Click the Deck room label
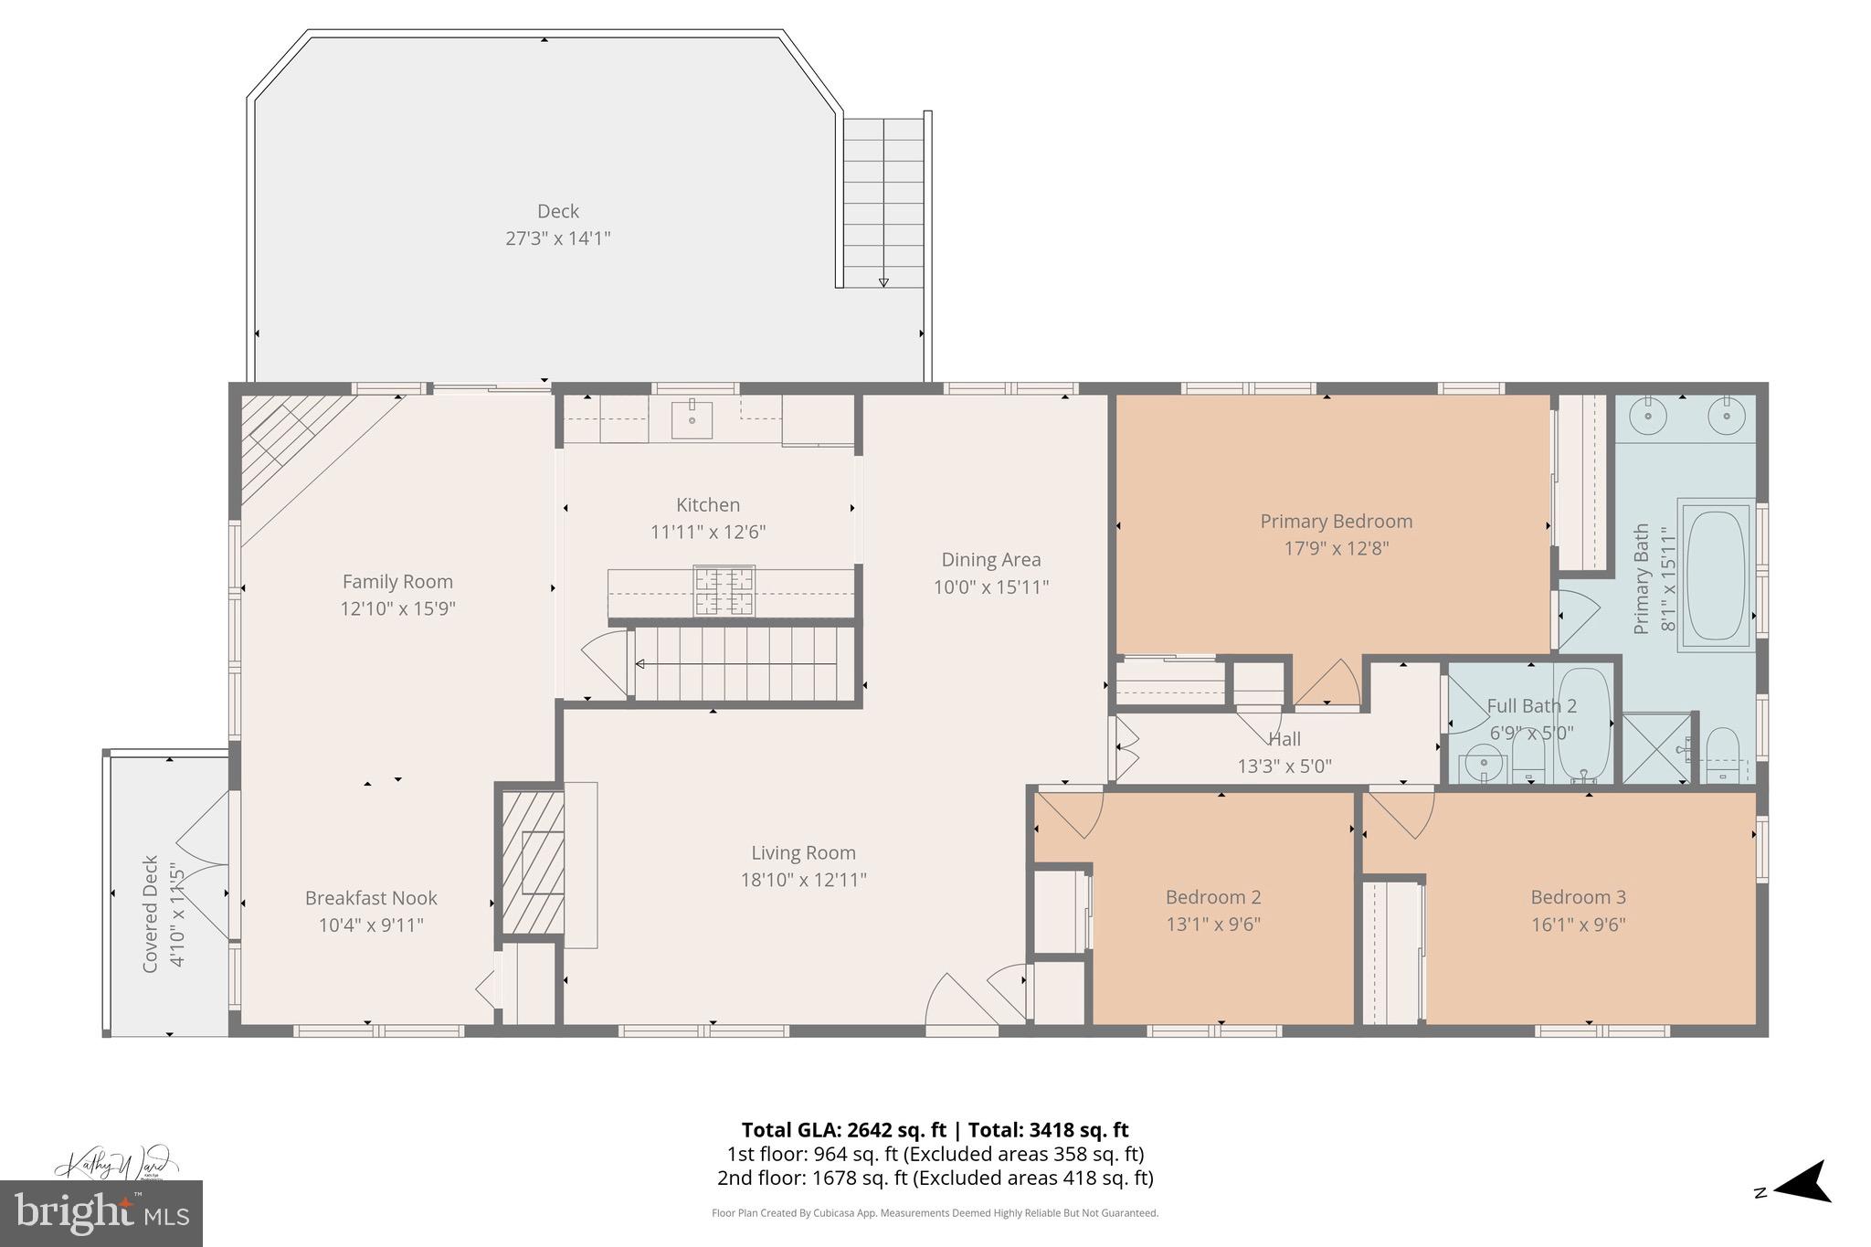click(557, 211)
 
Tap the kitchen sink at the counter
click(692, 419)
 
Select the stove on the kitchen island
click(724, 590)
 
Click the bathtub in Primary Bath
click(1716, 575)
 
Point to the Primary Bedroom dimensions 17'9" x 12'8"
click(1336, 548)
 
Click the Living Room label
click(803, 852)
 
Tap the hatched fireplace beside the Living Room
click(533, 861)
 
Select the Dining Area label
click(990, 559)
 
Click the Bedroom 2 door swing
click(1071, 813)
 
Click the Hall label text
click(1284, 739)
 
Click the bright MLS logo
click(101, 1213)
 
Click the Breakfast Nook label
click(371, 898)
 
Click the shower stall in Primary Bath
click(1656, 748)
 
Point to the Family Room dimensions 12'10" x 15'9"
click(397, 608)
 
